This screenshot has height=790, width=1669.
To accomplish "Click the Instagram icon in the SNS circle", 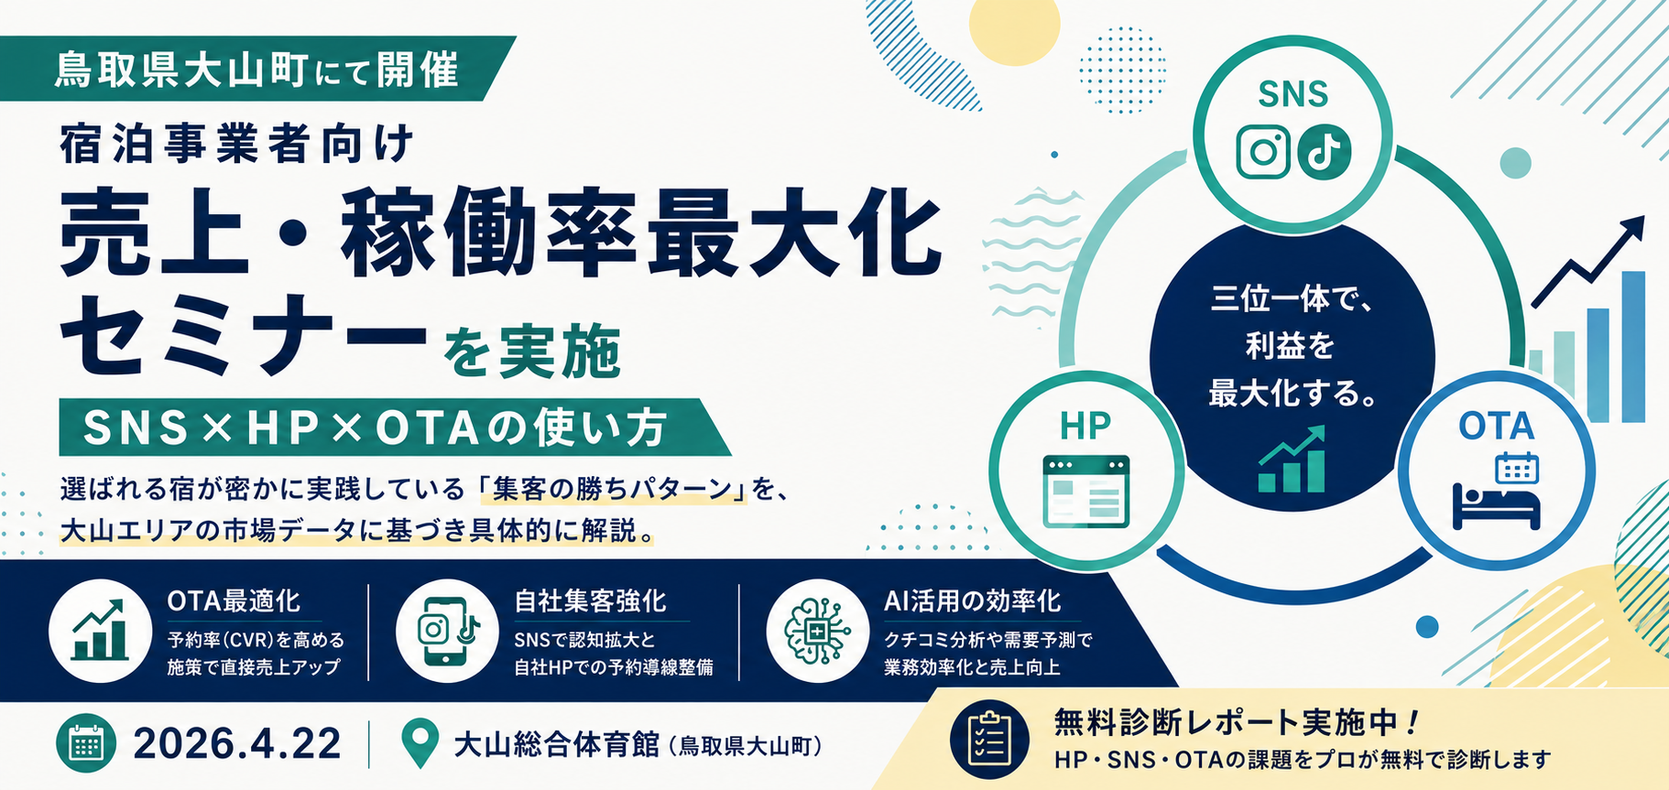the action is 1263,152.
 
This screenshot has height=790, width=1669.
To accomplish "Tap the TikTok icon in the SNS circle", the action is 1324,152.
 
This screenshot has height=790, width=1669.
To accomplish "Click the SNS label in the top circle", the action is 1293,94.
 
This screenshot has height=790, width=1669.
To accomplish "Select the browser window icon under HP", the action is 1086,492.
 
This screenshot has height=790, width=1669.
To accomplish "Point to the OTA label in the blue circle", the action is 1496,427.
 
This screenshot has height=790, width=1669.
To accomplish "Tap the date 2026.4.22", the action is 237,743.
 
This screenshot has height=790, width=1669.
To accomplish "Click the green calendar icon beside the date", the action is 86,743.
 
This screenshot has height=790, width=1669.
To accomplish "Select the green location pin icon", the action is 420,744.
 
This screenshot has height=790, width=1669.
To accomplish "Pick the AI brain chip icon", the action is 817,631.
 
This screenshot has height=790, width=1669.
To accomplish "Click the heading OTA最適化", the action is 234,601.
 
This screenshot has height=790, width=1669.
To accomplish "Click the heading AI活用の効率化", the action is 973,601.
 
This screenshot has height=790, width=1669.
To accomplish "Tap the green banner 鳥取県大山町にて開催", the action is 257,69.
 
